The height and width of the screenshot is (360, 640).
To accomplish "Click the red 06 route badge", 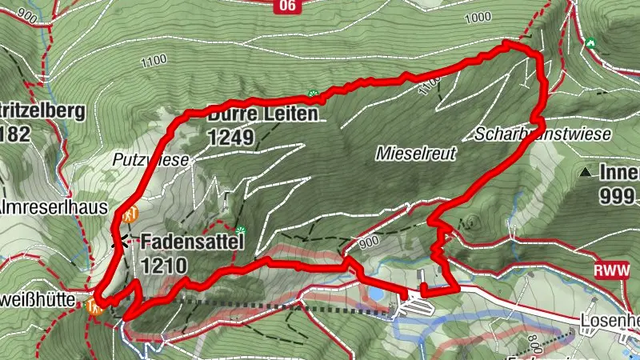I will [x=288, y=6].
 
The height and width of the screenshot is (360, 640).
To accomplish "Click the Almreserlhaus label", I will [x=54, y=206].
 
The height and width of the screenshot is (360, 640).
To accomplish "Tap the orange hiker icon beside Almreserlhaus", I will [x=130, y=214].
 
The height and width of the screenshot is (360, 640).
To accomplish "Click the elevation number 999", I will [x=617, y=196].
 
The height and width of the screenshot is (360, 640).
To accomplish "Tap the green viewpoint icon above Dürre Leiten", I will [x=314, y=94].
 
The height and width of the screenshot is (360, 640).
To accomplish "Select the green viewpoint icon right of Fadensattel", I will [x=238, y=232].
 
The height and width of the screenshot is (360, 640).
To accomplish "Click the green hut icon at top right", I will [x=591, y=42].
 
